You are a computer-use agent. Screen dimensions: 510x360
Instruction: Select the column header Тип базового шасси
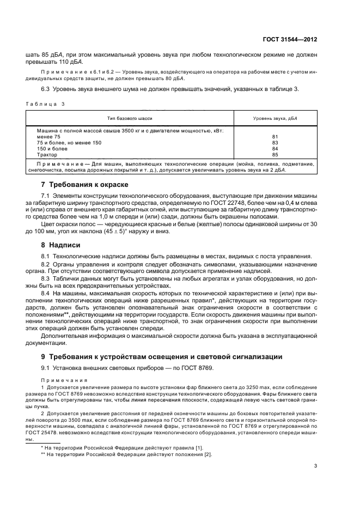coord(130,118)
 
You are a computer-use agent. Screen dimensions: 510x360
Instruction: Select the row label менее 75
coord(49,137)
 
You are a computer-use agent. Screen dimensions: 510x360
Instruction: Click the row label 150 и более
coord(52,149)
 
